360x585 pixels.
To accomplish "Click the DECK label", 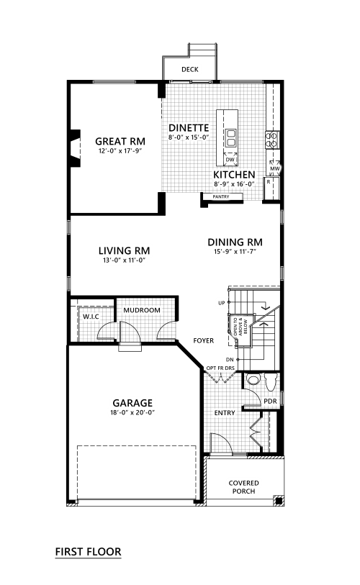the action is tap(189, 69).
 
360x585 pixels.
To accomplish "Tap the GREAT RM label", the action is tap(120, 142).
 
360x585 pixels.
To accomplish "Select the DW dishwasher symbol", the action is tap(230, 159).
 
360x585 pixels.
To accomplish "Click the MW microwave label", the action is tap(275, 168).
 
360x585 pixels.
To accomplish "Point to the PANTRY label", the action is tap(221, 196).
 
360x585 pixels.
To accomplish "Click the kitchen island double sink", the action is tap(230, 138).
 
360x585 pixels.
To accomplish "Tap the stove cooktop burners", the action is tap(272, 140).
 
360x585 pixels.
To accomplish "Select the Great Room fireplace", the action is tap(75, 148).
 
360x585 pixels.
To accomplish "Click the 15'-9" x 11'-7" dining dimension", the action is tap(235, 252).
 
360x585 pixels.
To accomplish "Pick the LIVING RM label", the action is tap(125, 250).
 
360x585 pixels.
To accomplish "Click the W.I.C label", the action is tap(91, 317).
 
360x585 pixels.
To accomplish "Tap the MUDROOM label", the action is tap(142, 310).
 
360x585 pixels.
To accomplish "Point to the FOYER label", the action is tap(204, 340).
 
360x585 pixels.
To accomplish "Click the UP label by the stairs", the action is tap(222, 304).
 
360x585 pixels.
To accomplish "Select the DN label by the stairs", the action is tap(230, 360).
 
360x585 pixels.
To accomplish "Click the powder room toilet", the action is tap(270, 382).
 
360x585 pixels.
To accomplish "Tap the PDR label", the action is tap(271, 401).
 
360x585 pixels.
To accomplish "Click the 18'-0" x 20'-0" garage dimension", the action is tap(132, 412).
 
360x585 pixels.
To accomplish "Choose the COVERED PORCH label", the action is tap(244, 487).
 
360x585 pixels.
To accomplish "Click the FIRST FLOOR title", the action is tap(88, 552).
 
